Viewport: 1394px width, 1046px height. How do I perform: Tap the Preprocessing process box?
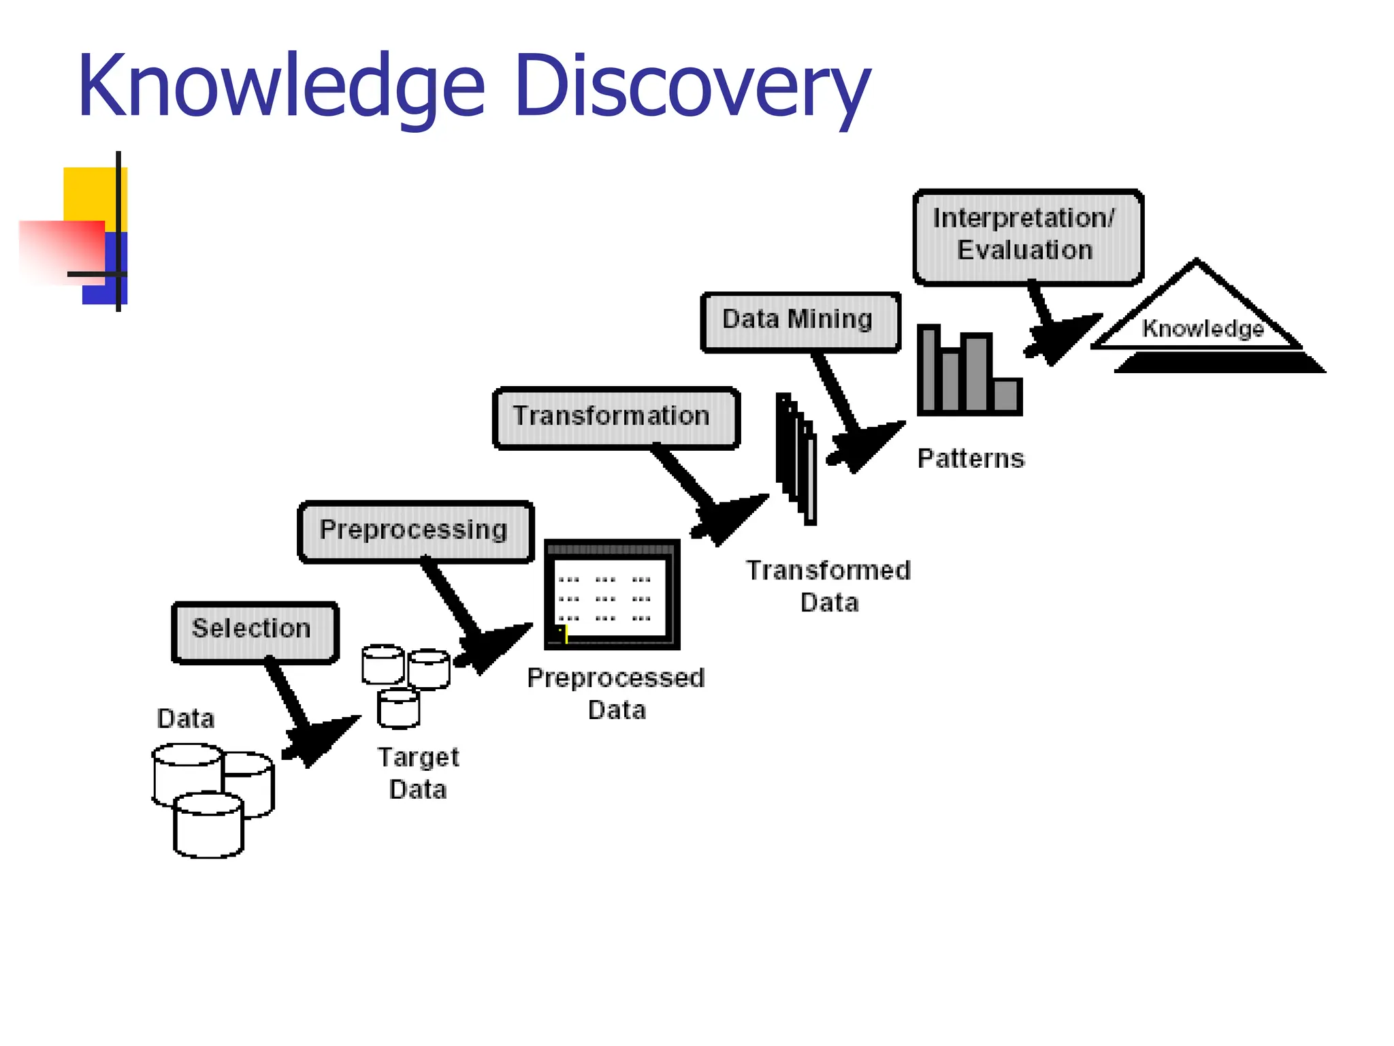[x=415, y=531]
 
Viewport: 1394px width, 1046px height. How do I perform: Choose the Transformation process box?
[x=615, y=417]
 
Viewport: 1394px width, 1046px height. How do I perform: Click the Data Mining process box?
[x=800, y=321]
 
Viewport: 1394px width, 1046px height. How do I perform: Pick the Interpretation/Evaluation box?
[x=1028, y=236]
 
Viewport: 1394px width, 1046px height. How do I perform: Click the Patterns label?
[x=971, y=459]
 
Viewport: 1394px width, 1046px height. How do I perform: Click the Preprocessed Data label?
[x=616, y=694]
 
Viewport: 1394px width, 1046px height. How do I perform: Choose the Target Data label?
[x=418, y=774]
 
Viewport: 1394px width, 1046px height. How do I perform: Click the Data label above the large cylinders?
[x=185, y=719]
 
